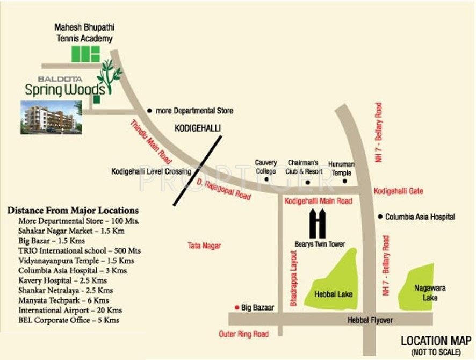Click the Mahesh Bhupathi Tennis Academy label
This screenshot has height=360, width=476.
85,33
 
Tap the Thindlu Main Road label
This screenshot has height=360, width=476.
150,142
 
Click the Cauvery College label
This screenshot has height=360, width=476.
265,167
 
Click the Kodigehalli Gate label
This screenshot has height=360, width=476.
398,191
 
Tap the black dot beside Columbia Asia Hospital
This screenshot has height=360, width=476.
380,217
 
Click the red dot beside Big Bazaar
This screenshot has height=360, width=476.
236,307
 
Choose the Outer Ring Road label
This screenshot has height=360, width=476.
243,334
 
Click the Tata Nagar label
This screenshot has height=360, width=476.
204,246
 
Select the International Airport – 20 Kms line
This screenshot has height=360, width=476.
70,311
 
